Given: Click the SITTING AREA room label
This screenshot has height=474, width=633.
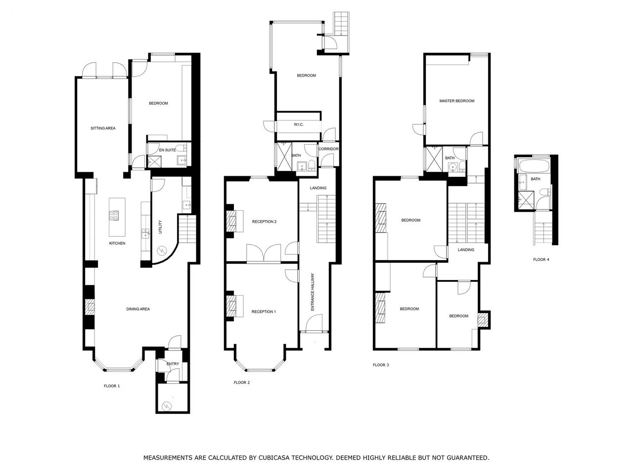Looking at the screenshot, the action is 103,128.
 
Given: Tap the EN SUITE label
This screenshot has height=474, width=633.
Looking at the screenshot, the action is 167,150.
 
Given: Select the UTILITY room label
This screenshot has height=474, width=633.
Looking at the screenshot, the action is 160,227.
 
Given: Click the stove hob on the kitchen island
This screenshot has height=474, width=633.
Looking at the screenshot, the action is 114,215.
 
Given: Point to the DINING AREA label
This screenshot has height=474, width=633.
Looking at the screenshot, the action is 138,309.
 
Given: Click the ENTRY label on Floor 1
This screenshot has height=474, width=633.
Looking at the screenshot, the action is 173,364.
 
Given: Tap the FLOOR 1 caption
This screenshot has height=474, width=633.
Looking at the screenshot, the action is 112,386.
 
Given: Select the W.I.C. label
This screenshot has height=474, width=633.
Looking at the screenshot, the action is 299,124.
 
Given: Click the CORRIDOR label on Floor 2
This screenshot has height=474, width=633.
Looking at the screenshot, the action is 328,149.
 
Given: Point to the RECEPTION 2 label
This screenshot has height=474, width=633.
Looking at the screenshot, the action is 264,222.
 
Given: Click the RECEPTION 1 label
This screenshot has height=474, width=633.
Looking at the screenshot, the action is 264,312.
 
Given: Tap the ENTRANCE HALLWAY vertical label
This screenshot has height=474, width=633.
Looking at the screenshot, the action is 313,292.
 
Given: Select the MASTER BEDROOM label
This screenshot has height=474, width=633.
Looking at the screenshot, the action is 457,101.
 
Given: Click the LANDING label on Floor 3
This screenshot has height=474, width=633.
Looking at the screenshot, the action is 466,250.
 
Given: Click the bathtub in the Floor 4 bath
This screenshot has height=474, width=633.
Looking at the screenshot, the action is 535,165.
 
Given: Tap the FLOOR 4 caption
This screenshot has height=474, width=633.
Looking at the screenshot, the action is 541,259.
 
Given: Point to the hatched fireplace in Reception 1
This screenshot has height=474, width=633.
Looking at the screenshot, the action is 231,306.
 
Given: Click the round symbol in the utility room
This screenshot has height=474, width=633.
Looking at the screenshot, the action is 161,251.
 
